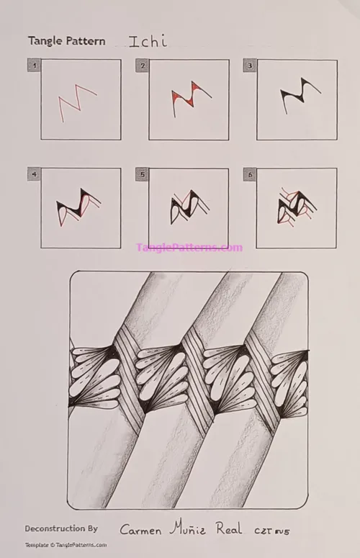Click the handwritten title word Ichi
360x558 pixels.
(x=148, y=41)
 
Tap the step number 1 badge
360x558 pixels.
(x=33, y=66)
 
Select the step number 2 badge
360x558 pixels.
(x=142, y=66)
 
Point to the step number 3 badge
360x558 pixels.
(x=249, y=66)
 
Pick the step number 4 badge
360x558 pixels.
(x=33, y=174)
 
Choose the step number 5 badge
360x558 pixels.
(x=142, y=174)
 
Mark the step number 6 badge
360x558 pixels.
(x=249, y=174)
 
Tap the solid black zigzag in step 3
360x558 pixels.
(x=295, y=98)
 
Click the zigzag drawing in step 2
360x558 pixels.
(x=189, y=98)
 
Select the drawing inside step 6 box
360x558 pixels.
(x=296, y=206)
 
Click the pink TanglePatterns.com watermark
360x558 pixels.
(x=189, y=248)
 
